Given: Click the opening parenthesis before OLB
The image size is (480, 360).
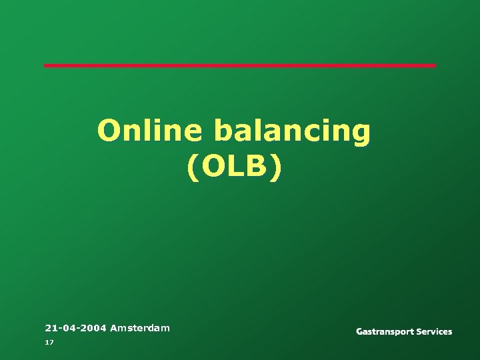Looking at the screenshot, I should point(193,168).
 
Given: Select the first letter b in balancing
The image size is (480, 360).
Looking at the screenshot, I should point(223,131).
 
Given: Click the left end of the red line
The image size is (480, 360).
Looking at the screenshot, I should point(46,65).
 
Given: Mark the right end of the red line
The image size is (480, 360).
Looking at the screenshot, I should point(434,65).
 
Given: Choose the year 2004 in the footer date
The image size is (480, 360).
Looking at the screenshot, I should point(93,328).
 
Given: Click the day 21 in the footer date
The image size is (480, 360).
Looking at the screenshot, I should point(50,328).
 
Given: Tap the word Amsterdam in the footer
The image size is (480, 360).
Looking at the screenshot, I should point(140,328).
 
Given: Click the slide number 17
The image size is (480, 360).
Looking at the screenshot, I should point(49,342).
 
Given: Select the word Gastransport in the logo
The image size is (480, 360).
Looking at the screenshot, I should point(386,332).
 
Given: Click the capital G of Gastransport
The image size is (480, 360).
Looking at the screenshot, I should point(360,331).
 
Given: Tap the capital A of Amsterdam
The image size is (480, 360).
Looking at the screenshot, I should point(114,328).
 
